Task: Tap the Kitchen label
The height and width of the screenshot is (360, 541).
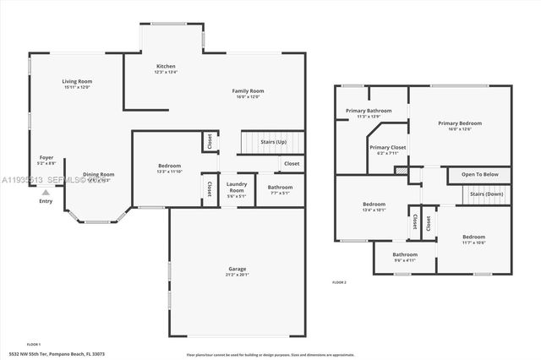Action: tap(166, 66)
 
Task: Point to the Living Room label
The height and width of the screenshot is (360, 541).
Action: tap(76, 81)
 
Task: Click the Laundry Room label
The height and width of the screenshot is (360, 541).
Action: tap(236, 187)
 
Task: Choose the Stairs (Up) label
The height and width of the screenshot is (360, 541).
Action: tap(274, 141)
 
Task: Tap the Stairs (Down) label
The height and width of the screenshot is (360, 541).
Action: tap(487, 194)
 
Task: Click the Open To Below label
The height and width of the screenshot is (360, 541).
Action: tap(479, 174)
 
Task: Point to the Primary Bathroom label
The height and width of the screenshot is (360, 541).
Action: tap(368, 111)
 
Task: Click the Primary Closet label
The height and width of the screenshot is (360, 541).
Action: tap(388, 147)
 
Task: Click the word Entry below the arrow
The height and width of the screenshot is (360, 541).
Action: tap(46, 201)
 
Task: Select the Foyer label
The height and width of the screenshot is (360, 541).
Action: tap(46, 157)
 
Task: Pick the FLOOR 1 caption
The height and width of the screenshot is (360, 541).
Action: tap(34, 344)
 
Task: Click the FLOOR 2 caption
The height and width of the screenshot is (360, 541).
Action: tap(339, 281)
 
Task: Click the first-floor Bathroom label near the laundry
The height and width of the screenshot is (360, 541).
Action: tap(281, 187)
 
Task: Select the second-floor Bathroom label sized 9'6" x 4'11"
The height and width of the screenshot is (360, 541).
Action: tap(405, 254)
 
